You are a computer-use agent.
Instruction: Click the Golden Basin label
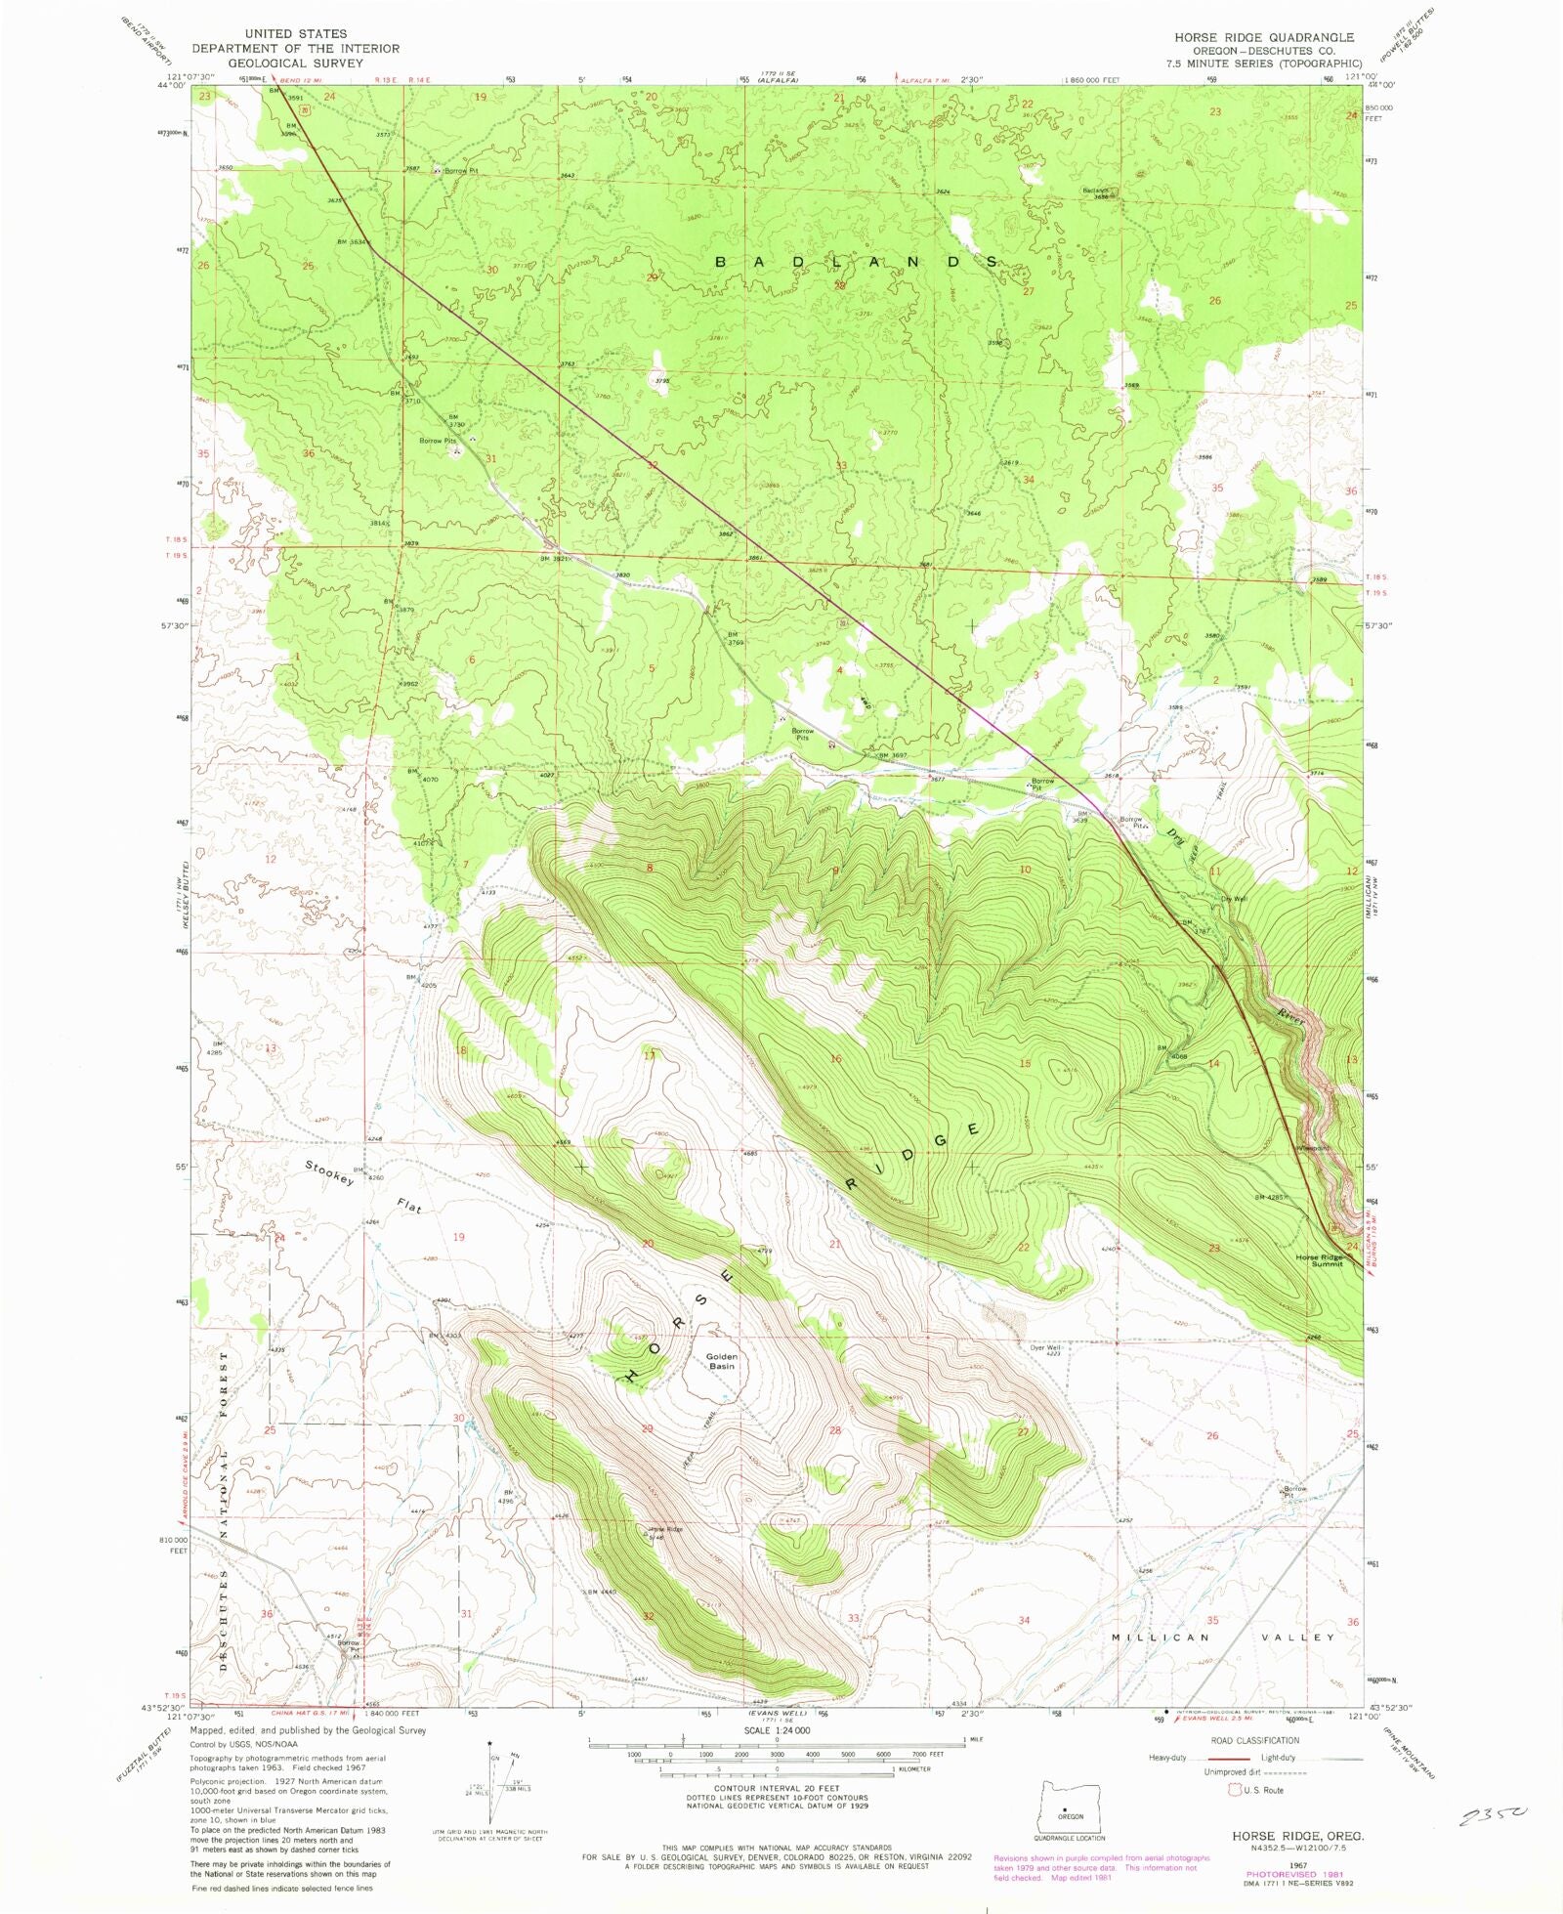[x=721, y=1361]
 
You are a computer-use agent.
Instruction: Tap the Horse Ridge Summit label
[x=1320, y=1260]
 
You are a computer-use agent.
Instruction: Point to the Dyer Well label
[x=1044, y=1347]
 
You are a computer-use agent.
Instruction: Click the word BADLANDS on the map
[x=858, y=262]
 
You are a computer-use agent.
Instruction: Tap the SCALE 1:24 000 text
[x=777, y=1729]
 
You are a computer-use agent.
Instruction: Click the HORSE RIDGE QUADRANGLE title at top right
[x=1263, y=37]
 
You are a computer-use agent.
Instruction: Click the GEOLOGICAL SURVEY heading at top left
[x=295, y=63]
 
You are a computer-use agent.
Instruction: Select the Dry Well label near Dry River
[x=1234, y=899]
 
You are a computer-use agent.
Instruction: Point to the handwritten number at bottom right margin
[x=1492, y=1816]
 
